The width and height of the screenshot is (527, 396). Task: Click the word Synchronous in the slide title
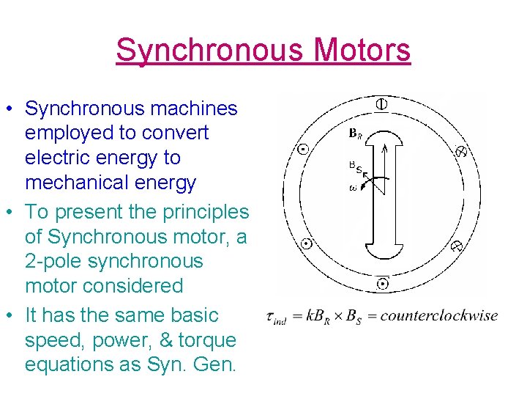pyautogui.click(x=209, y=50)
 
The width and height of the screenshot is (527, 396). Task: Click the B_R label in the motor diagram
pyautogui.click(x=355, y=134)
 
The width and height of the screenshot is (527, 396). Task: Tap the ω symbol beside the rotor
pyautogui.click(x=353, y=188)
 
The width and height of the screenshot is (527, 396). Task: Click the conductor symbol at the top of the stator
pyautogui.click(x=381, y=104)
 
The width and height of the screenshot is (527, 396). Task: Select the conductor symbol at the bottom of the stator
pyautogui.click(x=382, y=283)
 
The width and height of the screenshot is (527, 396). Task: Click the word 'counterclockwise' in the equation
pyautogui.click(x=439, y=316)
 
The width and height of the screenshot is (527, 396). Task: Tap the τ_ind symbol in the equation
pyautogui.click(x=276, y=318)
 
